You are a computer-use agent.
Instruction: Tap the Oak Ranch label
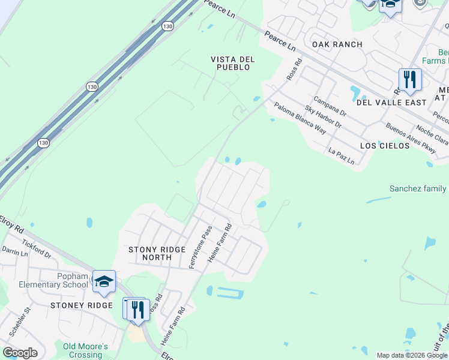point(337,44)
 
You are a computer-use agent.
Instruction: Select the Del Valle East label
point(391,103)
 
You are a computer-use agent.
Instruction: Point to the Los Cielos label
point(384,146)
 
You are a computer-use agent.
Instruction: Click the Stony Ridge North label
point(150,253)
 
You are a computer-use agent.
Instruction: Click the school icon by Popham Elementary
point(104,281)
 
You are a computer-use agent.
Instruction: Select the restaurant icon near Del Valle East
point(410,79)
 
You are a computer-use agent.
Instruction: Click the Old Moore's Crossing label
point(86,350)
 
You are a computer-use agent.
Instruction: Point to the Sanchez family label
point(418,188)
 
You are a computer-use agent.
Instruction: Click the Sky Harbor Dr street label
point(323,116)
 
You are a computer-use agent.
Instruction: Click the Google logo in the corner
point(20,353)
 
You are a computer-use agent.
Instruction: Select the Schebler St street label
point(18,322)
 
